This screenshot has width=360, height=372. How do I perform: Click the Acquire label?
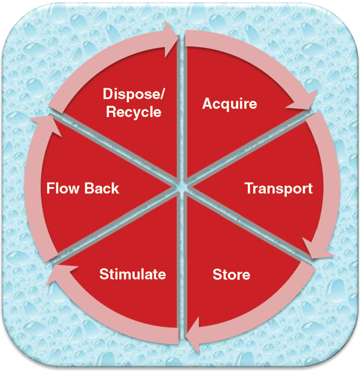click(x=229, y=104)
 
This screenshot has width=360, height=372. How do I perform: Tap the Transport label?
click(x=278, y=189)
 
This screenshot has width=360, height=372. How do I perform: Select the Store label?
click(x=231, y=274)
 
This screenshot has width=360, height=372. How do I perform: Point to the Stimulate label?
click(x=132, y=274)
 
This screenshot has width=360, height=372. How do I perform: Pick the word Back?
click(x=100, y=188)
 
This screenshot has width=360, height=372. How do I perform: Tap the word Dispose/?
click(x=132, y=94)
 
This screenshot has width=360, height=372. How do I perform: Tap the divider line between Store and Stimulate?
click(x=181, y=262)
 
